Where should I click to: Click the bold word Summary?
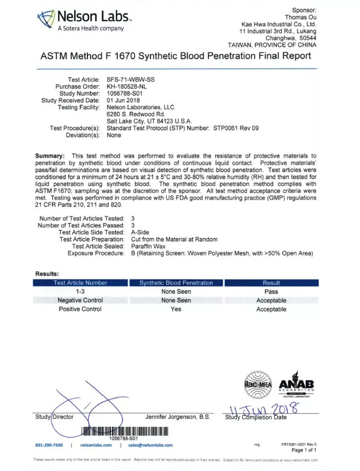coord(49,155)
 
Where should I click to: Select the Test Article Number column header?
coord(80,283)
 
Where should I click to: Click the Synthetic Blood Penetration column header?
coord(176,283)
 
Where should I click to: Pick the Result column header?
coord(271,283)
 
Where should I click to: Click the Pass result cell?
coord(271,292)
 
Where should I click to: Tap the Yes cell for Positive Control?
coord(176,309)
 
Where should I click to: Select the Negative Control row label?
coord(80,300)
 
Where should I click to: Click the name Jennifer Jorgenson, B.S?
coord(178,417)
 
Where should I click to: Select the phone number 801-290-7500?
coord(49,445)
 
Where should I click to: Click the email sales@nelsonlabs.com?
coord(150,445)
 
